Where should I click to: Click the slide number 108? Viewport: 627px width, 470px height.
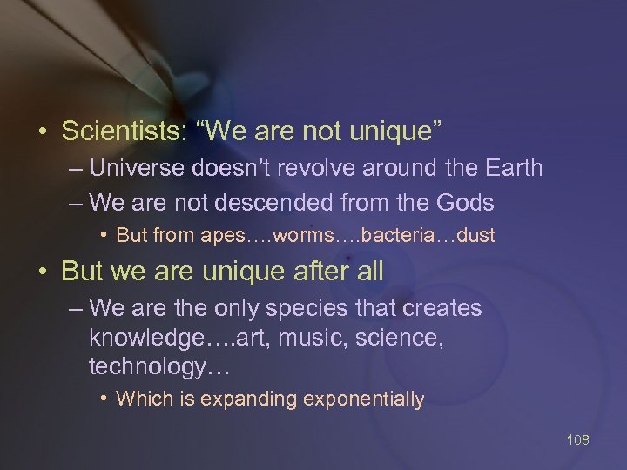pos(576,440)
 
